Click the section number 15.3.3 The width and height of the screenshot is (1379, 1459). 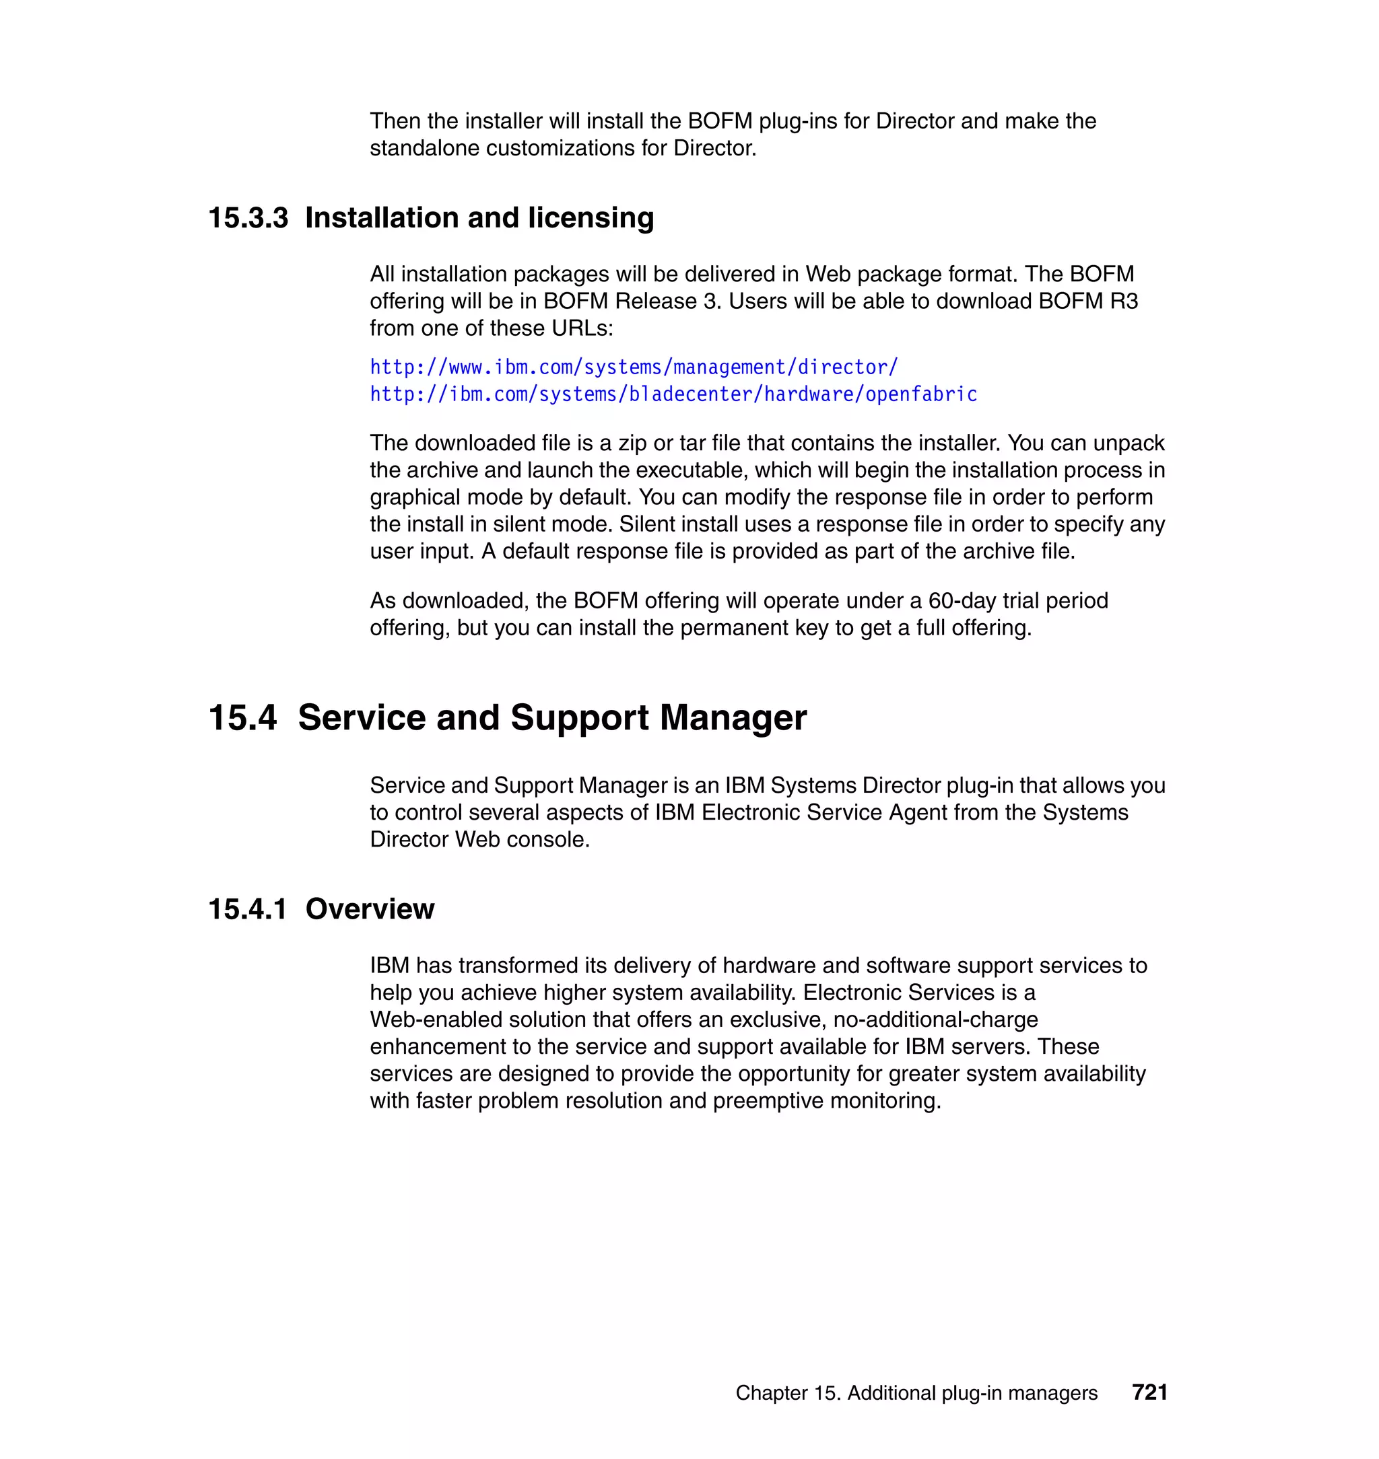(248, 218)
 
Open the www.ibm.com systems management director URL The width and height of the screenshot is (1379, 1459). (633, 367)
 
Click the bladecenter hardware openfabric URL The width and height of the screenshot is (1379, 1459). (673, 394)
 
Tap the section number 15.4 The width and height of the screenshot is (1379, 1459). (242, 718)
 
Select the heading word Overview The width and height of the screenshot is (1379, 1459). (369, 909)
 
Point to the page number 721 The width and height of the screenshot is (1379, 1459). (1149, 1392)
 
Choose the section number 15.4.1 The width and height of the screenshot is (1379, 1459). (247, 909)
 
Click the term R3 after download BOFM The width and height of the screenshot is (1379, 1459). (1124, 301)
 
